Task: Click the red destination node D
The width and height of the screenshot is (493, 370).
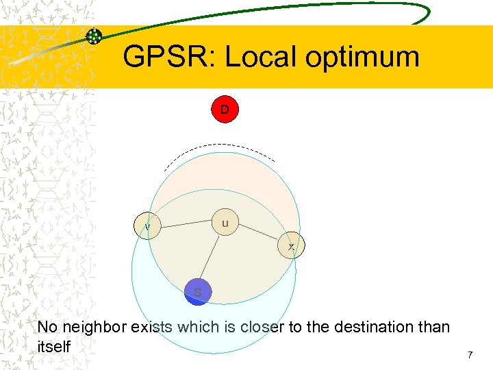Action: click(224, 109)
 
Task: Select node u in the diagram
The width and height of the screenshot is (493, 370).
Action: click(225, 223)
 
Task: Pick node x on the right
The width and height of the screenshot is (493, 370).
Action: click(291, 245)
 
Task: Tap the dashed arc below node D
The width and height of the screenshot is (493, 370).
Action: click(219, 146)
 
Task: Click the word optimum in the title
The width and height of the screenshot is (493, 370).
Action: click(362, 58)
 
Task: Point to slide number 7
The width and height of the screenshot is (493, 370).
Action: click(470, 355)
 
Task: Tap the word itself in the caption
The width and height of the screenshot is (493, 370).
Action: click(54, 347)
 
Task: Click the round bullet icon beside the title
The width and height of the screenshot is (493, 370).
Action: click(94, 36)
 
